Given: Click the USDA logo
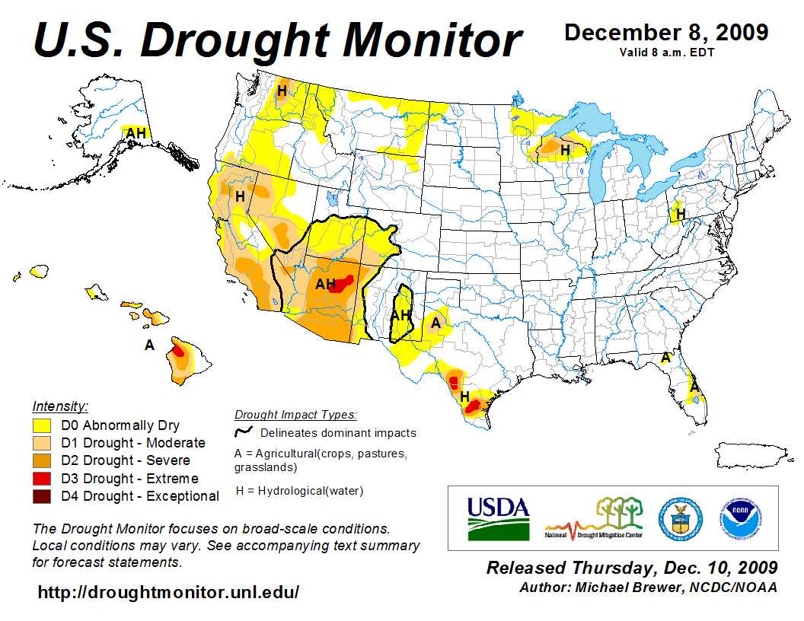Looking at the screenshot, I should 498,517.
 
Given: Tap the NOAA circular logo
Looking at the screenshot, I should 738,517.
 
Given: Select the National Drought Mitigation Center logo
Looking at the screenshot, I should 595,518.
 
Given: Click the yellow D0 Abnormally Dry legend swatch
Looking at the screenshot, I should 42,425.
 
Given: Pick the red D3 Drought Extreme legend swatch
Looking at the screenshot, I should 42,479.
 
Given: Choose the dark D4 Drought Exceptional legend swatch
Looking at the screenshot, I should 42,496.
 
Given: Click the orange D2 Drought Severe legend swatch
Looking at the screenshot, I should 42,460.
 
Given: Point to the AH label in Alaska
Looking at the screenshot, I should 136,134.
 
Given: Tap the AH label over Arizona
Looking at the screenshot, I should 325,285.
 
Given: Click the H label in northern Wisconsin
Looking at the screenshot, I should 565,151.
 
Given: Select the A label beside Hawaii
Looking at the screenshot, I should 149,346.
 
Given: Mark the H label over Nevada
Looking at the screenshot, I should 240,196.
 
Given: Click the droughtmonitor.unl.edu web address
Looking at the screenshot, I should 168,591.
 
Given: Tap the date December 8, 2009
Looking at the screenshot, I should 666,33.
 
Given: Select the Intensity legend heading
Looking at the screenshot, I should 60,406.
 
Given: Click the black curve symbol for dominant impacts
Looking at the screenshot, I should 244,432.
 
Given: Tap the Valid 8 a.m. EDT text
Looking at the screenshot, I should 666,53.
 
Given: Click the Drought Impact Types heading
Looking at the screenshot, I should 295,415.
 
